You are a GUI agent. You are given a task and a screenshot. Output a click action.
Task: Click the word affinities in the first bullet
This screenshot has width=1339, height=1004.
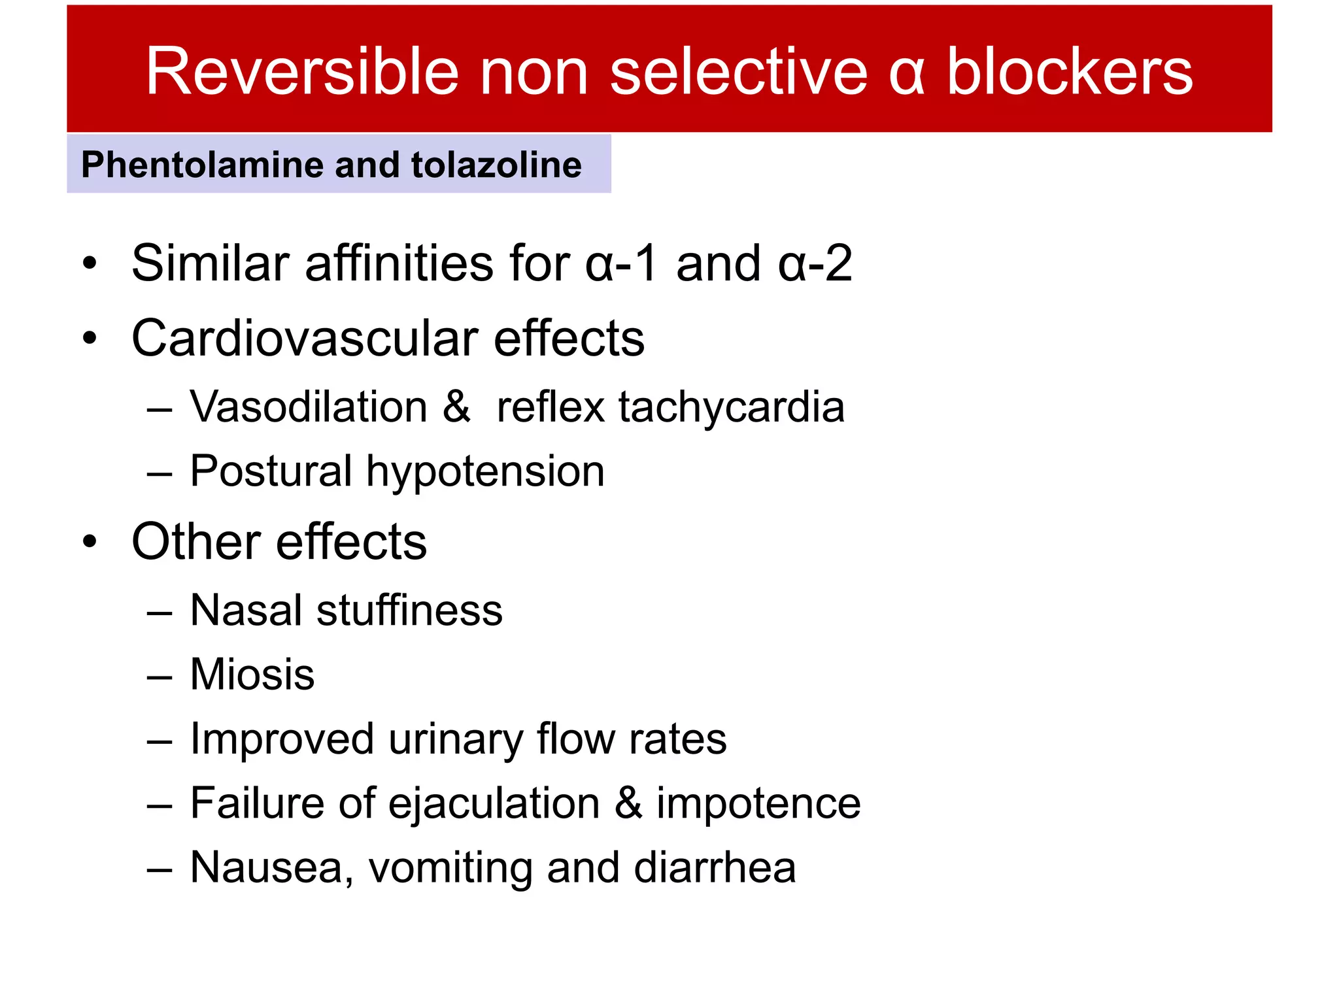coord(399,263)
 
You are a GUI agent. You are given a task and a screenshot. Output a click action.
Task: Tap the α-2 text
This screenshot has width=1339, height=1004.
coord(815,263)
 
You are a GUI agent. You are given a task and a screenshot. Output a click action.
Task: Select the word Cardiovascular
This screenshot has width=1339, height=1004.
coord(305,339)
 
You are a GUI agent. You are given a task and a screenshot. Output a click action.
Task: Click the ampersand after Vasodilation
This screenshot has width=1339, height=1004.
coord(456,407)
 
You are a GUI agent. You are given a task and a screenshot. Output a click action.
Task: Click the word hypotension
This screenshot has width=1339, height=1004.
coord(485,472)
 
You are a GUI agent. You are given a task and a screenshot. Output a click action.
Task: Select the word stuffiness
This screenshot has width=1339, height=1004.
coord(409,611)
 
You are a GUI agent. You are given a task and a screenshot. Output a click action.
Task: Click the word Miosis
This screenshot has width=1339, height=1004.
coord(252,675)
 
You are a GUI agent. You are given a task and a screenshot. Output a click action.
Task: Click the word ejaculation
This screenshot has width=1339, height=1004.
coord(494,804)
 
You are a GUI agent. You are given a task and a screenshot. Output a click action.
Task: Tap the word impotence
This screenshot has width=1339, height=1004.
coord(758,804)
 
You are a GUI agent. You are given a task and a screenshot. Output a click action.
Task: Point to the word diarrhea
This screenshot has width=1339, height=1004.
coord(715,868)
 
